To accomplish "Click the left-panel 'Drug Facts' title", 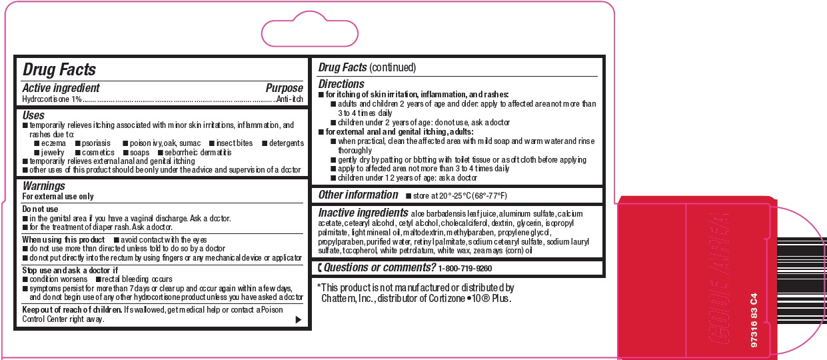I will (x=59, y=70).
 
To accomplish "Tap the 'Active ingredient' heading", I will (x=61, y=88).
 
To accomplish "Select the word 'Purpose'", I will (x=284, y=88).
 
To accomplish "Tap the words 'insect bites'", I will (x=234, y=143).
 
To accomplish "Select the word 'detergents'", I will (x=286, y=143).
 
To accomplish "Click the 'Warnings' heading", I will (x=44, y=186).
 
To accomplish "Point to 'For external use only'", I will (x=58, y=197).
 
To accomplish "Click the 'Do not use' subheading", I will (x=41, y=209).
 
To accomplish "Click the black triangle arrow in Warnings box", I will (x=298, y=320).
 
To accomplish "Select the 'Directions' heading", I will (x=341, y=84).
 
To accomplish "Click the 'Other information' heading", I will (x=358, y=195).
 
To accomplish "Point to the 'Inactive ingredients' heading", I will (x=363, y=213).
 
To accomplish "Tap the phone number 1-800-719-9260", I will (x=465, y=268).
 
